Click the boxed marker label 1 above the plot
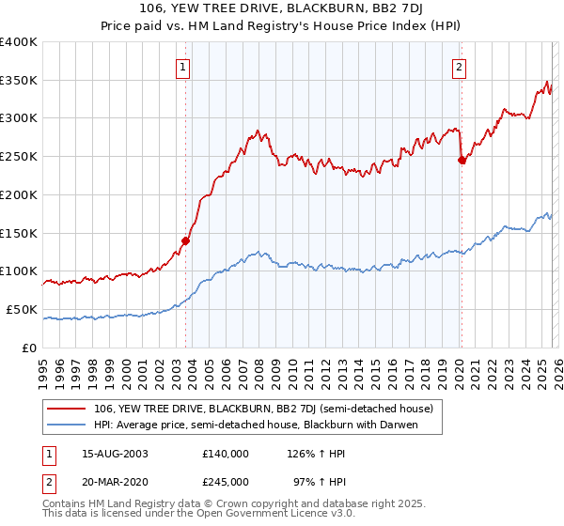click(x=182, y=67)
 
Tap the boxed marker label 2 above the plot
click(x=459, y=67)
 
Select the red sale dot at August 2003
click(x=185, y=240)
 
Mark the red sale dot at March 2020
click(x=462, y=161)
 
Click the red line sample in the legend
click(x=67, y=410)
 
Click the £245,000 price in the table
click(x=226, y=481)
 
